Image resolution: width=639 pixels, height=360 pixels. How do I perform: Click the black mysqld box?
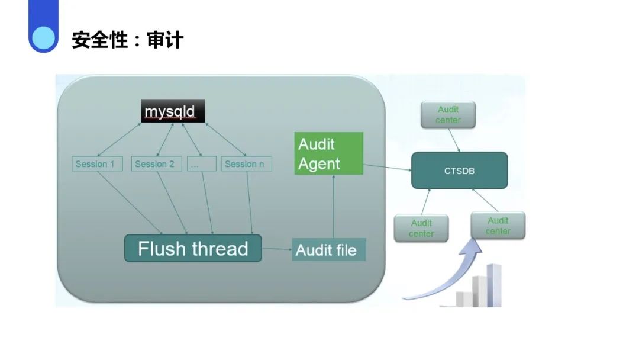coord(174,111)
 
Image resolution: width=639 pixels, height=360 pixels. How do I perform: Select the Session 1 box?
coord(97,163)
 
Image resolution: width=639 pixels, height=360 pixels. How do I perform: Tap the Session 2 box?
coord(155,163)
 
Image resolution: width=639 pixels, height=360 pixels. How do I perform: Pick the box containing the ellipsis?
coord(201,163)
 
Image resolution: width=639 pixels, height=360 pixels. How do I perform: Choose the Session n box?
coord(246,163)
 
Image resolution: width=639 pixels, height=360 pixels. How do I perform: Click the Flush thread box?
coord(193,248)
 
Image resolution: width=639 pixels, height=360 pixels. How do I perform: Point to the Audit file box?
coord(328,249)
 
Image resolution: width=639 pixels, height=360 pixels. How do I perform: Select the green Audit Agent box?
coord(328,153)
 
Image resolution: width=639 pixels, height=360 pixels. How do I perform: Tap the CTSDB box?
coord(459,171)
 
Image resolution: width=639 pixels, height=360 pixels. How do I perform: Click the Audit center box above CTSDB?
coord(448,115)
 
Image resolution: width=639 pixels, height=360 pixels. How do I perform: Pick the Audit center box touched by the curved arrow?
coord(498,226)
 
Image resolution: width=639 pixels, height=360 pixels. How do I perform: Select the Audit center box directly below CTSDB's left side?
coord(421,228)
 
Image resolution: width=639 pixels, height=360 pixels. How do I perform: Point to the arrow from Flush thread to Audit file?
coord(277,249)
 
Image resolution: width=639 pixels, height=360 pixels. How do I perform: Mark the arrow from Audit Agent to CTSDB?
coord(388,168)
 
